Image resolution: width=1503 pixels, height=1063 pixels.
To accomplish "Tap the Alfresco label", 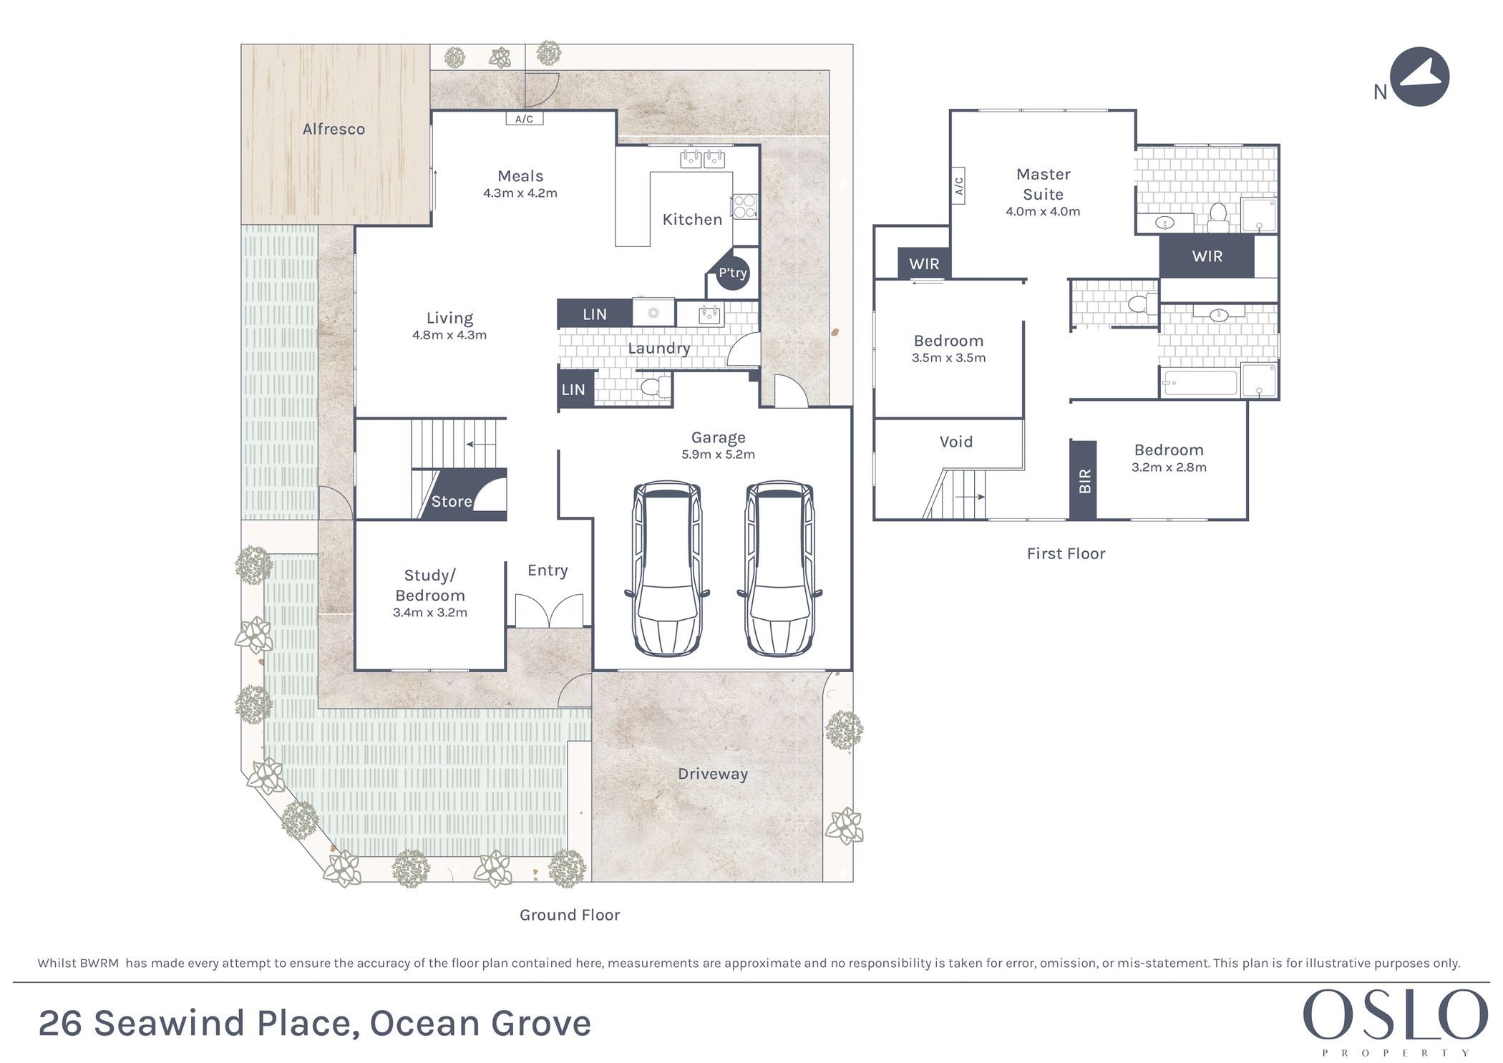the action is [x=334, y=129].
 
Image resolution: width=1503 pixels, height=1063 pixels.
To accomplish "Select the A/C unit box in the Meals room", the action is [x=524, y=119].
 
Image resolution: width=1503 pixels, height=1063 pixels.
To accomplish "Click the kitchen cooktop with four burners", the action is [x=744, y=207].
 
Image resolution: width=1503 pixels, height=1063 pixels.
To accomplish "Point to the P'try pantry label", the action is [x=733, y=273].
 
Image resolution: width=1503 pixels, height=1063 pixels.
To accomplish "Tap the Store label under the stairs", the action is [x=452, y=501].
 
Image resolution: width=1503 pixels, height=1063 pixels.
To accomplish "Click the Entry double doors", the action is [x=548, y=611].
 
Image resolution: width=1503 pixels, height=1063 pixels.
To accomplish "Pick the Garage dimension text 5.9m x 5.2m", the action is [x=718, y=455].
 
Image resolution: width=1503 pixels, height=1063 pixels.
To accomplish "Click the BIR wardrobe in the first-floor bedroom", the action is [x=1084, y=480].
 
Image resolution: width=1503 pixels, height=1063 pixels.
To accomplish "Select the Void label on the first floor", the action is [x=956, y=442].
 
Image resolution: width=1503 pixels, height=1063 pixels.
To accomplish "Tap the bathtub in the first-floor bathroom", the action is [x=1200, y=383].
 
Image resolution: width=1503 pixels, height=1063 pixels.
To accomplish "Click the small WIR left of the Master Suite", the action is [x=924, y=263].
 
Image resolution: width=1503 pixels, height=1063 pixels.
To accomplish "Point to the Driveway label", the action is [x=713, y=774].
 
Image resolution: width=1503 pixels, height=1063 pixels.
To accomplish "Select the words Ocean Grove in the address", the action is [x=480, y=1023].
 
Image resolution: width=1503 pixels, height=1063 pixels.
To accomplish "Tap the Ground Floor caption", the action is [x=570, y=915].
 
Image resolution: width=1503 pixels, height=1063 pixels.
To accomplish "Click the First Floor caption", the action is [x=1066, y=553].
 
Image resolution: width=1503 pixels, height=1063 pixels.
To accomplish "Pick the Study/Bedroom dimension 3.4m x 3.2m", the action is [x=430, y=613].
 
